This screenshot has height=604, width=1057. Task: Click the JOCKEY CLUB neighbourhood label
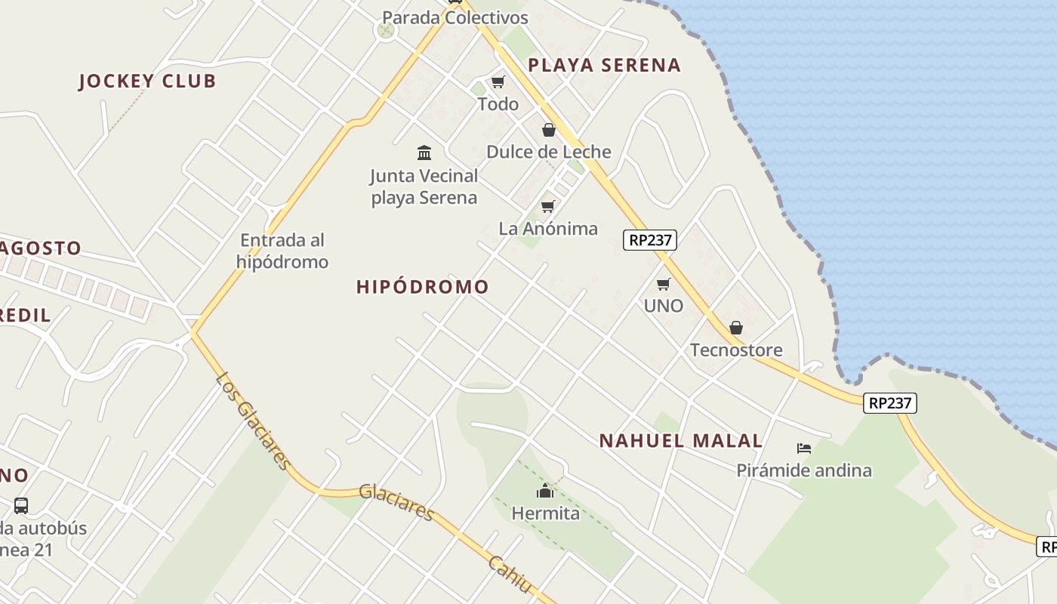pos(147,82)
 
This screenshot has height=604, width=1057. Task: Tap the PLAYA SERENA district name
pos(604,66)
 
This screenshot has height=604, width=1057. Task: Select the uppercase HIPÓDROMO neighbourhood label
pos(423,287)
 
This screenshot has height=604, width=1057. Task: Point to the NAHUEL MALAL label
pos(681,441)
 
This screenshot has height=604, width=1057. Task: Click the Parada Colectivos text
pos(455,17)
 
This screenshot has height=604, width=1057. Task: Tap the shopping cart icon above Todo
pos(498,82)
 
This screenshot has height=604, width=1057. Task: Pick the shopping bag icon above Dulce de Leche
pos(549,130)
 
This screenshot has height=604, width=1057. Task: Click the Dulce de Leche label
pos(549,152)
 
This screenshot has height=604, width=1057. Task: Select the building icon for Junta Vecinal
pos(424,153)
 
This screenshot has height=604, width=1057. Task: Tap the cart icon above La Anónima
pos(548,206)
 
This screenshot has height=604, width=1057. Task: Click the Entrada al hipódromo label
pos(282,251)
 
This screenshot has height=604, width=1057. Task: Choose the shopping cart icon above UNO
pos(663,284)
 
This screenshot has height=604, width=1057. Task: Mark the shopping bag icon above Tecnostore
pos(736,328)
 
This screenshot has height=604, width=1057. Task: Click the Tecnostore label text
pos(736,350)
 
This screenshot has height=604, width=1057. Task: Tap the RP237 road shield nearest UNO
pos(650,240)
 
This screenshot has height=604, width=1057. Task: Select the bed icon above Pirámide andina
pos(804,448)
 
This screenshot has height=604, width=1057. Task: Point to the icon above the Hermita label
pos(545,492)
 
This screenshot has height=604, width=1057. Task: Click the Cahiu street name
pos(510,575)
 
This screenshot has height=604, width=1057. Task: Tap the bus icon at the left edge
pos(21,505)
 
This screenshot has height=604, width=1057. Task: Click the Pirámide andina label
pos(804,470)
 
